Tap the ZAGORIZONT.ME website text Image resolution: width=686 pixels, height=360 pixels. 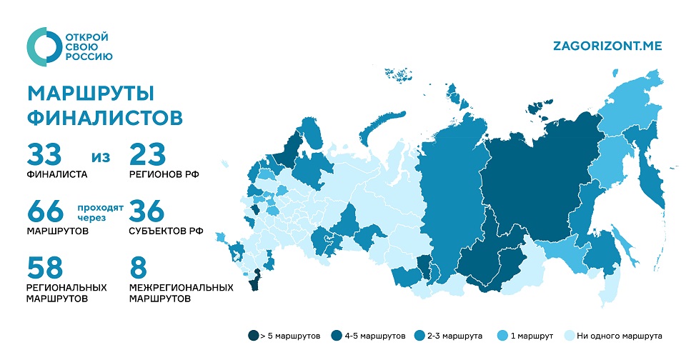click(607, 46)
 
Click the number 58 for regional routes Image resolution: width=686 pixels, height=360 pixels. click(46, 269)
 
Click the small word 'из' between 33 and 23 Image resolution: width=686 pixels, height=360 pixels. click(101, 156)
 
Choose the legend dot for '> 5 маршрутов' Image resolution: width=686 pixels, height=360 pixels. click(253, 335)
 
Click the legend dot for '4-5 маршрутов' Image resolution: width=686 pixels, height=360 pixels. click(337, 335)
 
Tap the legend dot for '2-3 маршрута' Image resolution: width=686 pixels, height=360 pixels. click(420, 335)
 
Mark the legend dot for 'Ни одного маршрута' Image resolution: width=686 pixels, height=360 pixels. click(569, 335)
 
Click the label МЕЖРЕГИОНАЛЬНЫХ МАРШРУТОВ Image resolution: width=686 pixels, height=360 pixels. click(181, 293)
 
